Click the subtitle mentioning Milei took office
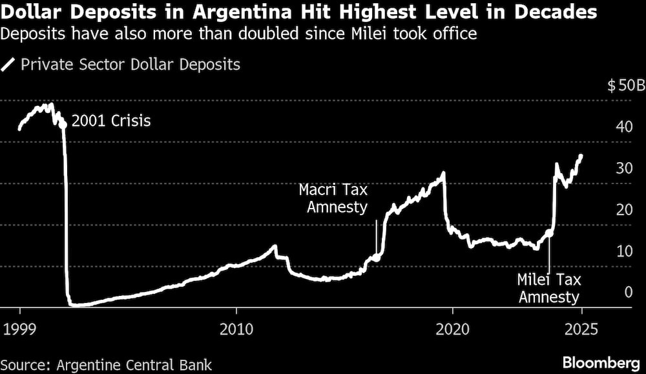point(239,34)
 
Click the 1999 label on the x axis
point(20,328)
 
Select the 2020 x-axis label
point(452,328)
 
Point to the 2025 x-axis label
point(581,328)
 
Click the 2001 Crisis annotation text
point(111,121)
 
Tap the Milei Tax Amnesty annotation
point(549,288)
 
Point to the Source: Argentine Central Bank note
point(106,364)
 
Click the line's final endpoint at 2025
point(581,156)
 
